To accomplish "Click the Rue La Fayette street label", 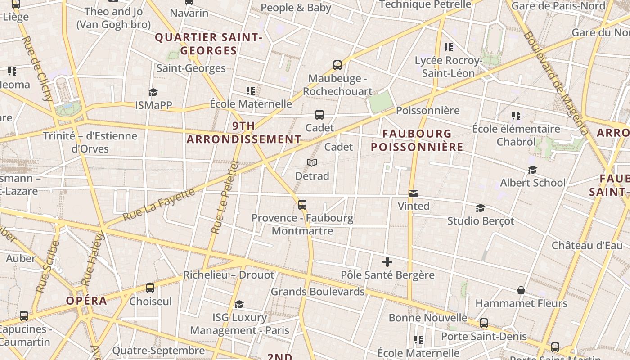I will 159,204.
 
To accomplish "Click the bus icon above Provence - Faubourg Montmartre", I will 302,205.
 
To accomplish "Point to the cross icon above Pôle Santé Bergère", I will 387,261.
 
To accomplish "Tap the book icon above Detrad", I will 312,162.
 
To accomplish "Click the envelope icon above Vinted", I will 413,193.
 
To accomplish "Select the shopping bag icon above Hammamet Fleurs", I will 521,290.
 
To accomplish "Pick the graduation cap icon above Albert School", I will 533,170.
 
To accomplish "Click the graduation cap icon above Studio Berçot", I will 480,208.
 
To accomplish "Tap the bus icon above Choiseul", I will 150,288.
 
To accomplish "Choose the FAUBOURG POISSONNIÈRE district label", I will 417,140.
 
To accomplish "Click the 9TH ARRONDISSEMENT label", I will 244,132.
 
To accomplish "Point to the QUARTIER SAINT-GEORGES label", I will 208,44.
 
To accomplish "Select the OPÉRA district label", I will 86,301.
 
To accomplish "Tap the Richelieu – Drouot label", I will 229,274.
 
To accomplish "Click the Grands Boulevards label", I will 317,292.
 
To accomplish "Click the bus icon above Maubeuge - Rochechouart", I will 337,65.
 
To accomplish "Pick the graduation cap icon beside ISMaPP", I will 153,92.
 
